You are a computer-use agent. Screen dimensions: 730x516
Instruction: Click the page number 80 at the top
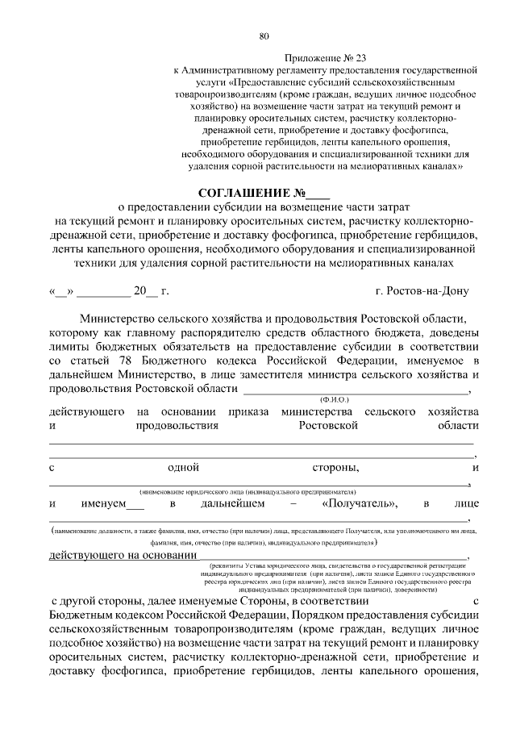[264, 35]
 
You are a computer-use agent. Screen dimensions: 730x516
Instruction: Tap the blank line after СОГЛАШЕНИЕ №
[318, 195]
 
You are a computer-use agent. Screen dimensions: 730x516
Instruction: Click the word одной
[183, 467]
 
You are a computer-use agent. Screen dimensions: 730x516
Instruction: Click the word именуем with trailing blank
[112, 504]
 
